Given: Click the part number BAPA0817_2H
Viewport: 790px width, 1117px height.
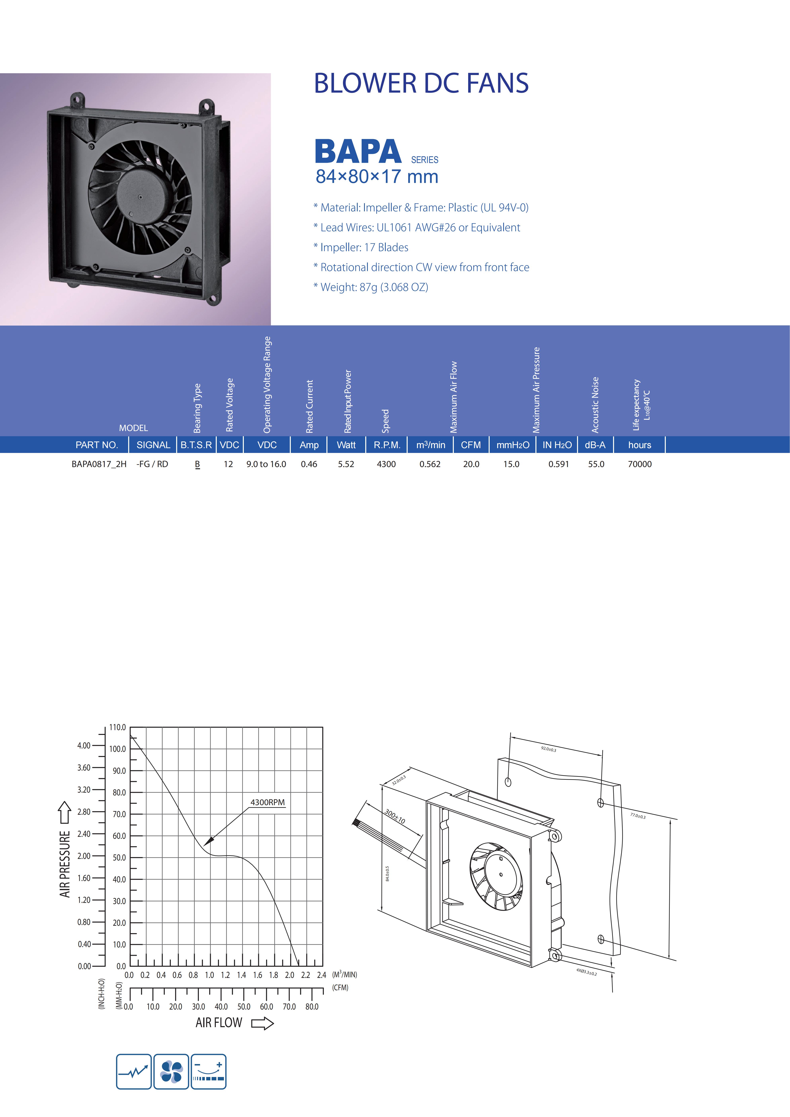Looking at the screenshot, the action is (x=99, y=464).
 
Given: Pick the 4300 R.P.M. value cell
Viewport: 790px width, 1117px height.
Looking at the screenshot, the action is (x=386, y=464).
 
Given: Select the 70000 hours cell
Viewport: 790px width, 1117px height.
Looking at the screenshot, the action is (x=640, y=464).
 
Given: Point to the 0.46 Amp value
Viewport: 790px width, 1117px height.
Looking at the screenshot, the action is (x=309, y=464).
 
